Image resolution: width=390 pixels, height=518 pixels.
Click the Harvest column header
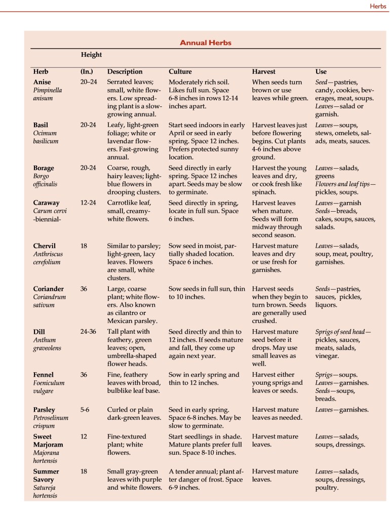(x=263, y=71)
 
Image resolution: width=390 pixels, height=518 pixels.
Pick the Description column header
(x=125, y=71)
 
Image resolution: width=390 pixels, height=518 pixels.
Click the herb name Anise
(x=42, y=82)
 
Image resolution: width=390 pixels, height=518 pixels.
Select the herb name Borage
(x=44, y=168)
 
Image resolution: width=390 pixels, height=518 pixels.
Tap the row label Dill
(x=40, y=332)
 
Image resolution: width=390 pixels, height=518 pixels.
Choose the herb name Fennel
(x=44, y=375)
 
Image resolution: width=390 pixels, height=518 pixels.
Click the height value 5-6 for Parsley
(x=86, y=409)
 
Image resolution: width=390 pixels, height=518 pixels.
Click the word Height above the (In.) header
(x=91, y=55)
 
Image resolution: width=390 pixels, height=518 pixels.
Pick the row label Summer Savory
(x=46, y=475)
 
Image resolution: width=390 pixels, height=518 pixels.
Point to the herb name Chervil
(x=45, y=245)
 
